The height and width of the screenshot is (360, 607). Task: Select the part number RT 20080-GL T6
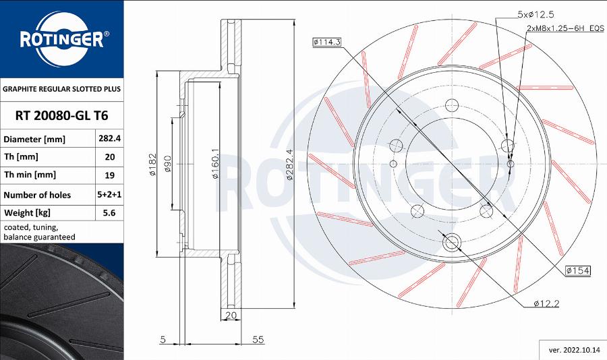tap(61, 115)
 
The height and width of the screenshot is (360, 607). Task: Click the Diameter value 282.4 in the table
tap(110, 139)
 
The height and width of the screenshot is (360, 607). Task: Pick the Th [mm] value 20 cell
tap(110, 157)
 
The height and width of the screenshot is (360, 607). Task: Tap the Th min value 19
tap(110, 175)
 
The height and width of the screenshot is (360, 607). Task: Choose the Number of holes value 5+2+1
tap(110, 195)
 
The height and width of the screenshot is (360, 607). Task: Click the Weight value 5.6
tap(110, 213)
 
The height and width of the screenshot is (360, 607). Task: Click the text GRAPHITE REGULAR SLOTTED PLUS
tap(61, 89)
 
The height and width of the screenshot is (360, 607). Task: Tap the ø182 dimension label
tap(153, 164)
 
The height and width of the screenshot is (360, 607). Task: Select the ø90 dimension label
tap(168, 164)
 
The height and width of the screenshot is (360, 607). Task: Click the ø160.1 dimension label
tap(214, 164)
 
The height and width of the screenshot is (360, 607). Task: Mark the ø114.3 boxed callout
tap(327, 42)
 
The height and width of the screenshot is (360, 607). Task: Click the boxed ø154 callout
tap(577, 270)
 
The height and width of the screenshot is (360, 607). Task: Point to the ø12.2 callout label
tap(546, 304)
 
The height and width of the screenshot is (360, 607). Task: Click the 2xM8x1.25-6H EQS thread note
tap(565, 29)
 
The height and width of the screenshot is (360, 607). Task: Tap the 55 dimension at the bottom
tap(257, 340)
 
